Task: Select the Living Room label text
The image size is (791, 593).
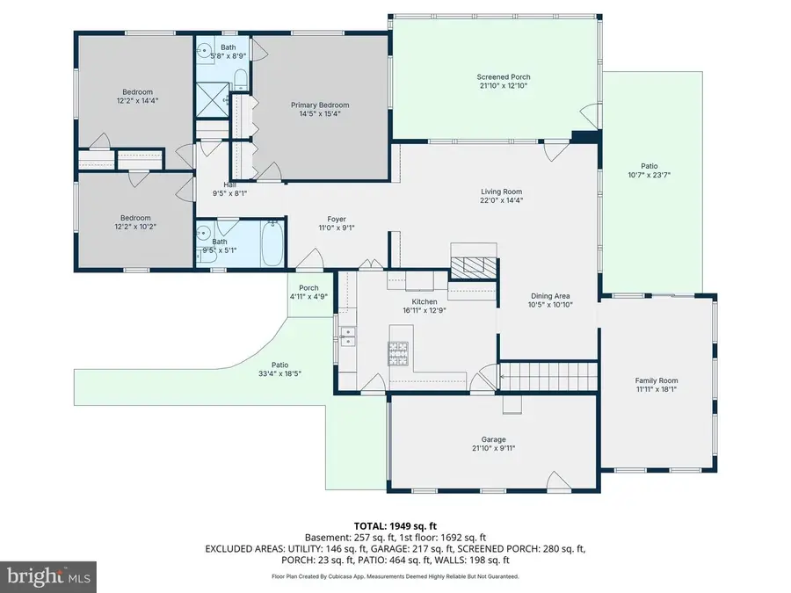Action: [x=501, y=192]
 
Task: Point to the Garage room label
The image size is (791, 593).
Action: [x=493, y=439]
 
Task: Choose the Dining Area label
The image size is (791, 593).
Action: [x=551, y=296]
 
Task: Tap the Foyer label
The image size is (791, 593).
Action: [x=337, y=219]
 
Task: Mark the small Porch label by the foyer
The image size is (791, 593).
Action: [x=308, y=288]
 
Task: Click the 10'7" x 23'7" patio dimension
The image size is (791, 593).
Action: [x=649, y=174]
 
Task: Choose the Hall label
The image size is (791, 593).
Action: [x=229, y=184]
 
